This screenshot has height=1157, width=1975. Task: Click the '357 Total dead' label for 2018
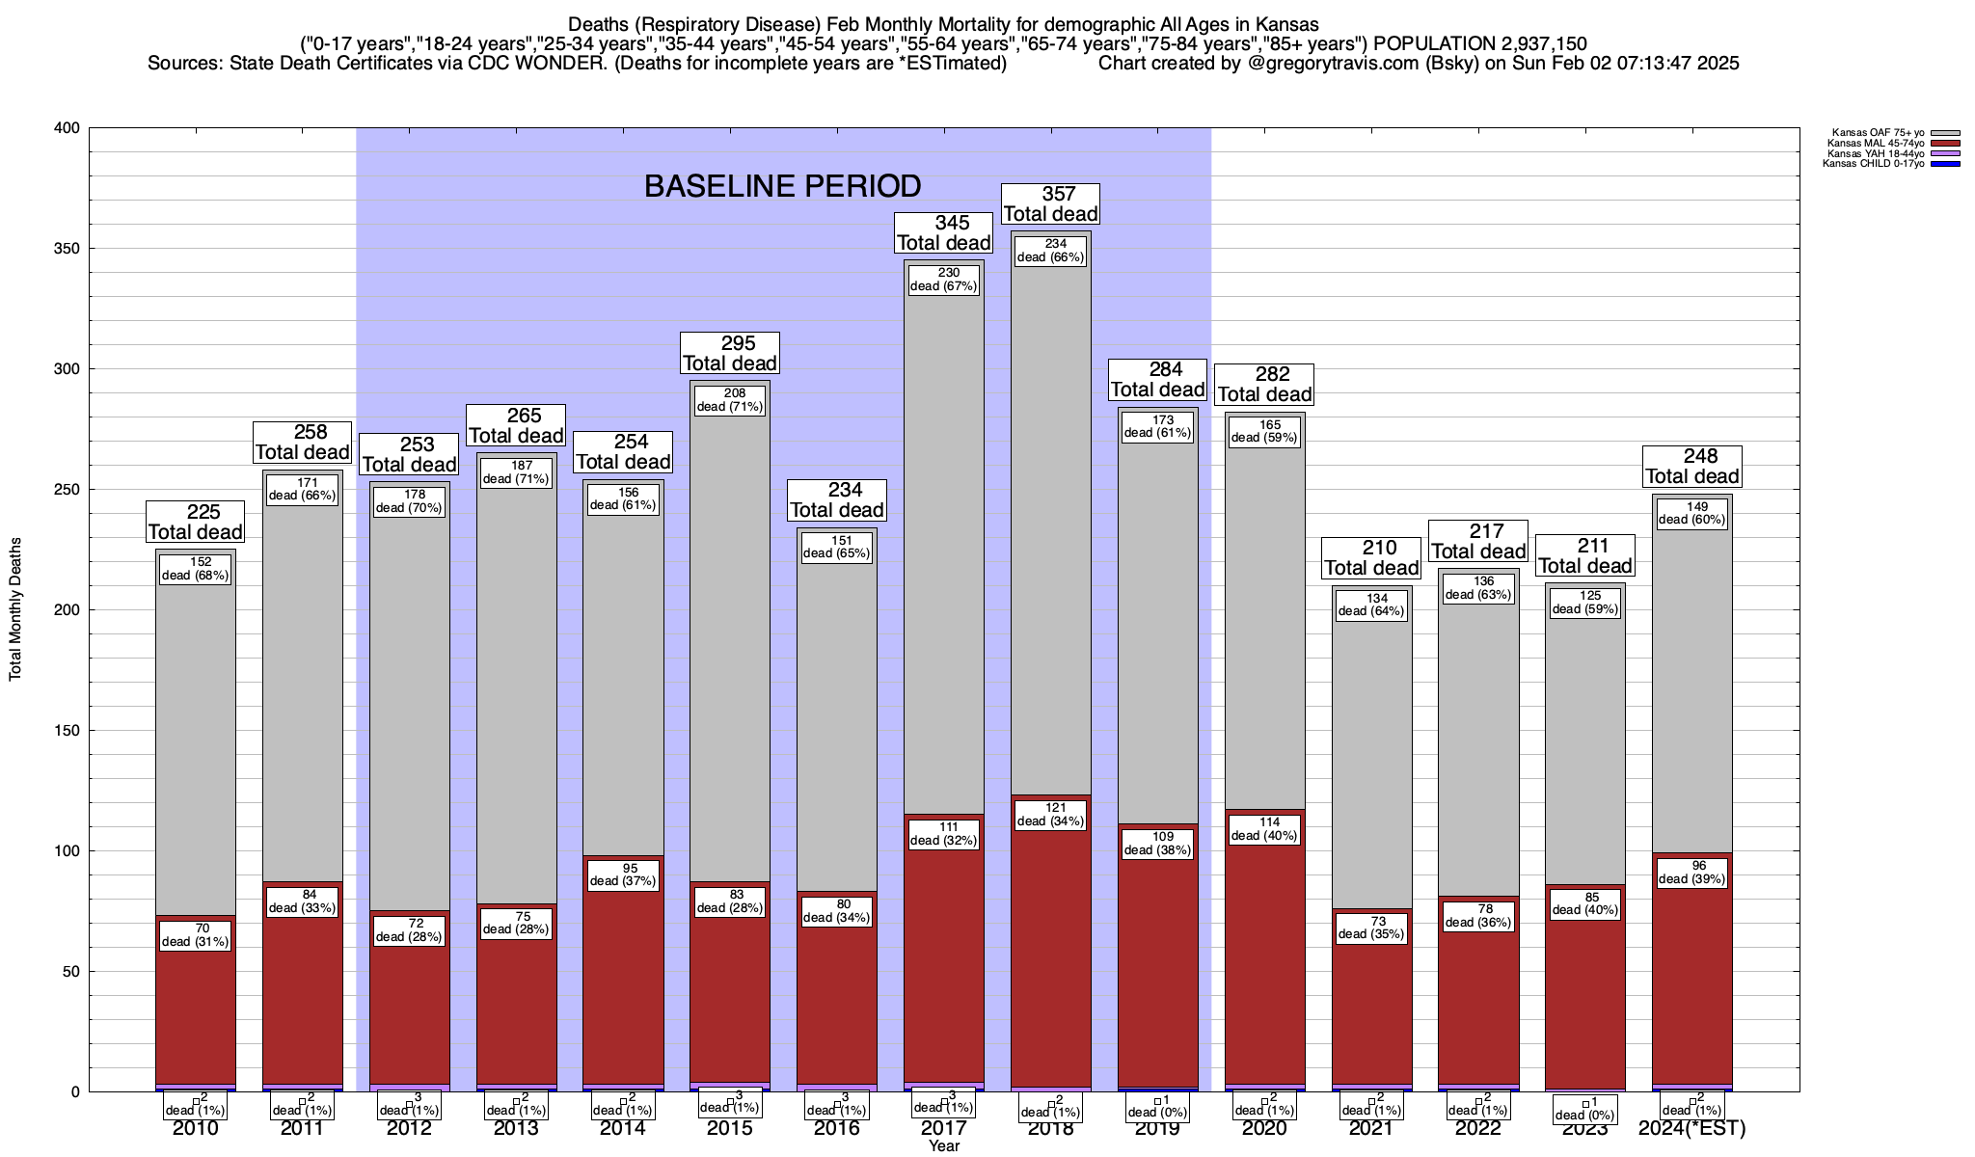point(1050,204)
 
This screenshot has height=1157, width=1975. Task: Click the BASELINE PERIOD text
point(782,186)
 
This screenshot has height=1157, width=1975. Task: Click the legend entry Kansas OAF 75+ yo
point(1875,134)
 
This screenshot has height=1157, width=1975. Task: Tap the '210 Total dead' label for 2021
point(1371,558)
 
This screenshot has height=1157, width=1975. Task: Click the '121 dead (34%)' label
point(1050,815)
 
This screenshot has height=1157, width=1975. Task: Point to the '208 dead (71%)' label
point(730,400)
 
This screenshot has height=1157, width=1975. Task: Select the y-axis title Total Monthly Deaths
point(15,609)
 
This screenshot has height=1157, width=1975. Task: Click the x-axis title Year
point(944,1146)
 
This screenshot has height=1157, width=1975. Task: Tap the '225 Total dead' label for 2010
point(196,522)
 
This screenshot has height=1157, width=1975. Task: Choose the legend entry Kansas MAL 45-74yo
point(1875,144)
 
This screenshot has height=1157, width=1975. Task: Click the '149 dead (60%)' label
point(1692,513)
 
